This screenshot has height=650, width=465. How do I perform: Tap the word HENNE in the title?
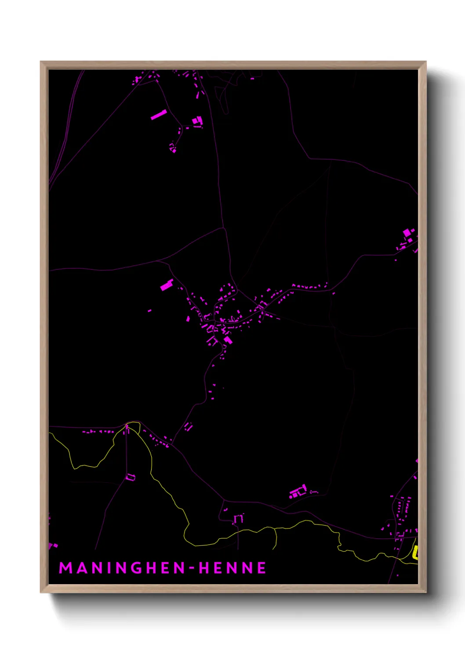pos(232,568)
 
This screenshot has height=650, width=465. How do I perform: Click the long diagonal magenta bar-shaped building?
pos(159,115)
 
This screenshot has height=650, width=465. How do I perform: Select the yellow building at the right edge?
pos(415,552)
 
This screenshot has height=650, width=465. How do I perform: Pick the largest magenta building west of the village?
pos(167,285)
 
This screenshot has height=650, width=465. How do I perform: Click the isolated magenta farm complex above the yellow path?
pos(298,491)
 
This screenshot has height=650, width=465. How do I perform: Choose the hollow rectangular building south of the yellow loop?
pos(131,477)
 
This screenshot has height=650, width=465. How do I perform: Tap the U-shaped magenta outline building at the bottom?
pos(238,519)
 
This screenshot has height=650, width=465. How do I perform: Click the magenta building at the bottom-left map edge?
pos(51,545)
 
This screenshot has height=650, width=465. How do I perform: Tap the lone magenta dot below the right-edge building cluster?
pos(396,260)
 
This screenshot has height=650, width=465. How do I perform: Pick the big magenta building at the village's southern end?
pos(227,339)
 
